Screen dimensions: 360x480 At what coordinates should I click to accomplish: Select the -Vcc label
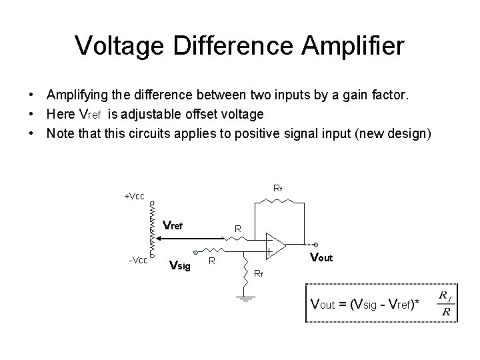(137, 259)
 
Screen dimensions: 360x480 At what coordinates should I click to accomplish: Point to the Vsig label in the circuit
(180, 266)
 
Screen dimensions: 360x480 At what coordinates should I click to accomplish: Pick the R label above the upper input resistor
(237, 229)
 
